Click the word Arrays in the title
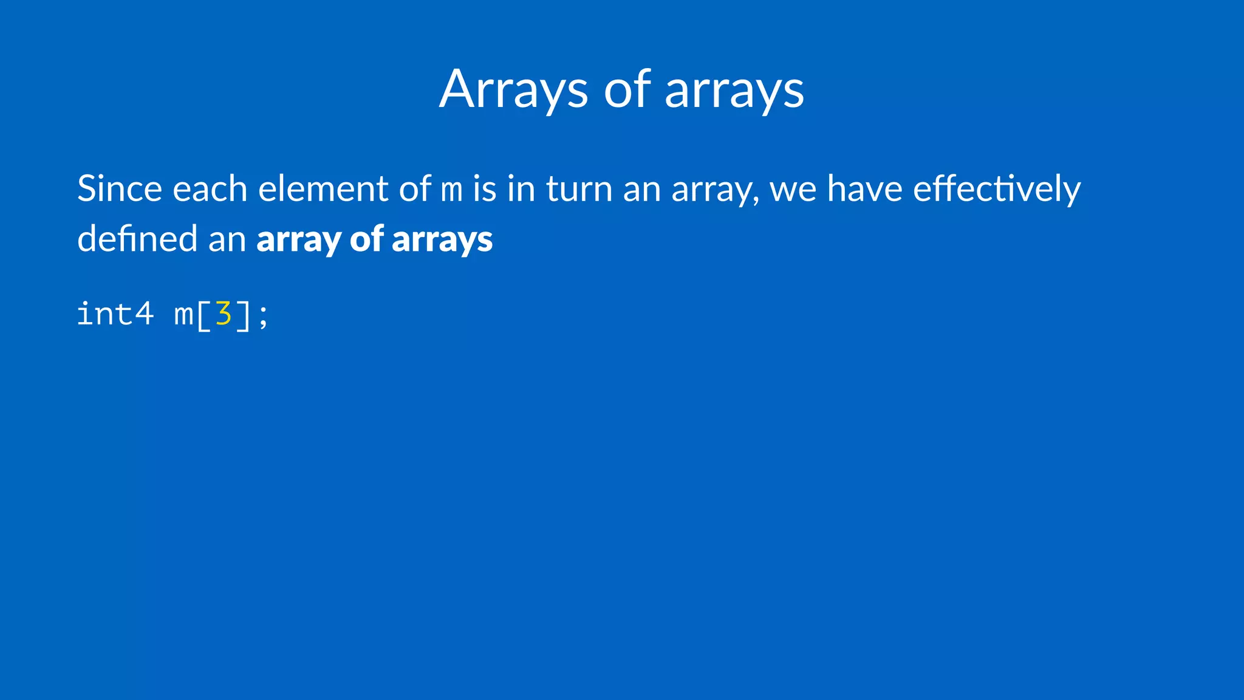513,90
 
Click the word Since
119,188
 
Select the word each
210,188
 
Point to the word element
323,188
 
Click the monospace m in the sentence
451,191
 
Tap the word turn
579,188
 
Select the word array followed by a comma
715,190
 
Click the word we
793,190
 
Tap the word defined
137,238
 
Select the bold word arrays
442,239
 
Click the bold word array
298,239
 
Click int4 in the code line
115,314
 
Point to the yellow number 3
224,314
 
